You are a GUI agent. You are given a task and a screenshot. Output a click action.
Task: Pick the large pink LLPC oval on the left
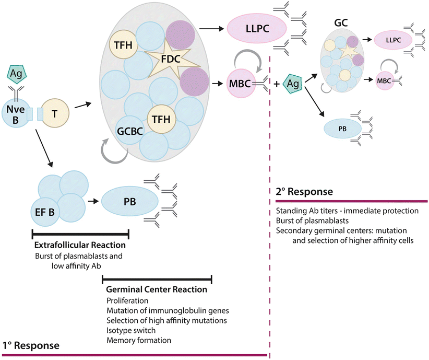tap(256, 27)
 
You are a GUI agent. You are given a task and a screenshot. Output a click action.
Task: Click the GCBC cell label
tap(127, 130)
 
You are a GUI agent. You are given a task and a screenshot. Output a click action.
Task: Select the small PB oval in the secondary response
tap(343, 127)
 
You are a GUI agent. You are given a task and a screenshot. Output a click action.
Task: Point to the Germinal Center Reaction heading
tap(157, 289)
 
